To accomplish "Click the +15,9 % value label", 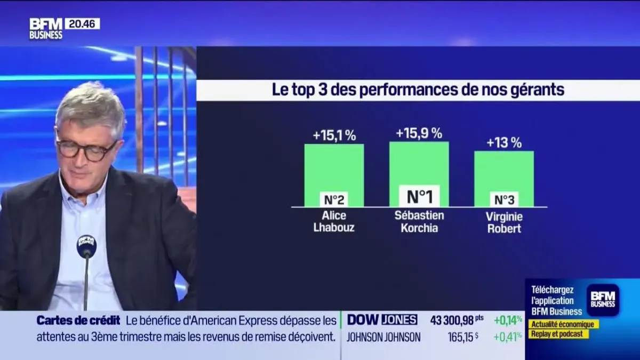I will [419, 133].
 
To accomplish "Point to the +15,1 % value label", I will [334, 136].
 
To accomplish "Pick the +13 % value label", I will [503, 143].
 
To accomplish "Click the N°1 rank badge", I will [419, 196].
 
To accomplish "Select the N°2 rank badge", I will [334, 199].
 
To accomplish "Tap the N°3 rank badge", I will [503, 199].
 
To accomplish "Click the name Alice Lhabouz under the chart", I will [334, 222].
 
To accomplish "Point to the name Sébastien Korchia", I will [419, 222].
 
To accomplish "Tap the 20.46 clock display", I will [82, 24].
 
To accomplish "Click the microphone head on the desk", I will [86, 246].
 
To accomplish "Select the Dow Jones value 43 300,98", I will [452, 320].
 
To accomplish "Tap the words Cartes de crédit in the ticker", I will [78, 321].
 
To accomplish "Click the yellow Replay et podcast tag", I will [558, 334].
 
